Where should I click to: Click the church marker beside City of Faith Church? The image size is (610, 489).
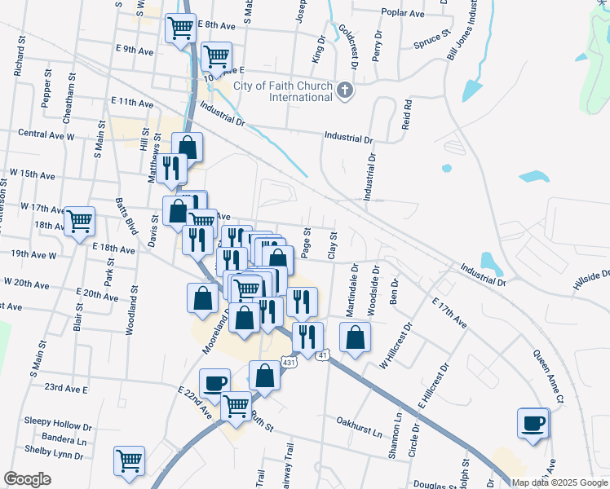345,90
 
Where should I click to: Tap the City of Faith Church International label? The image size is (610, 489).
283,91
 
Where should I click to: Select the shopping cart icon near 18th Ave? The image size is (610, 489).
80,220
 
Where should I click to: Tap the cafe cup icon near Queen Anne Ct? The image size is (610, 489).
533,423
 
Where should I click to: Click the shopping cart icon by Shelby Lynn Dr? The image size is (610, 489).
130,460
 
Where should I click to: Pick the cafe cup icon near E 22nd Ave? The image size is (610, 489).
215,382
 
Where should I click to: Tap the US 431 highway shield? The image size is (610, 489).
290,361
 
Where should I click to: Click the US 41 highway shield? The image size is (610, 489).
323,355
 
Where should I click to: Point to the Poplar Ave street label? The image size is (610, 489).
404,13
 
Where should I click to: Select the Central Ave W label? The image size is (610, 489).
46,134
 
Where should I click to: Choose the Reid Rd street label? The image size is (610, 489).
407,117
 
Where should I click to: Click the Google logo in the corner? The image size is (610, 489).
27,479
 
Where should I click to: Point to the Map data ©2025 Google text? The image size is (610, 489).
559,482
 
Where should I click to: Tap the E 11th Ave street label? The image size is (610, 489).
132,104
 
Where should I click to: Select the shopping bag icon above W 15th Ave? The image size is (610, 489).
188,148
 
